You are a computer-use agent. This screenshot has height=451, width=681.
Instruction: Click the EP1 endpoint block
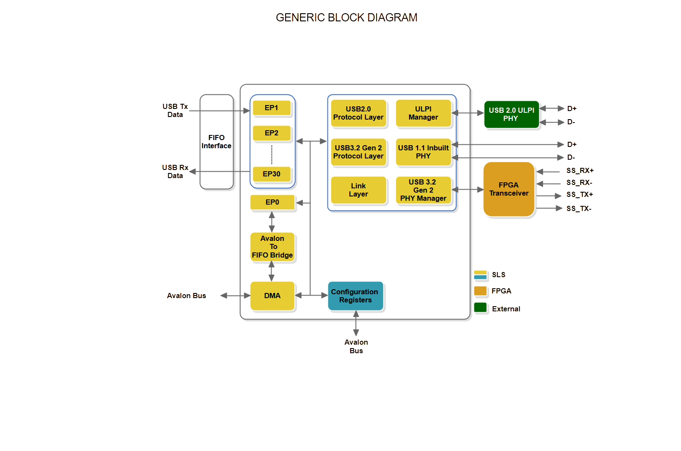272,108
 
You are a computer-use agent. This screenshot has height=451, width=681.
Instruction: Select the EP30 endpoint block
272,174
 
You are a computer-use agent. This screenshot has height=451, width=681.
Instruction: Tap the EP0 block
272,202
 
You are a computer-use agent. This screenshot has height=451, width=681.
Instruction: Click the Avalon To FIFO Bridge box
272,247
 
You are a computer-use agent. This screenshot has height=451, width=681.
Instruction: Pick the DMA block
272,296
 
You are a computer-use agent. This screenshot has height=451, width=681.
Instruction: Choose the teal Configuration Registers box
355,296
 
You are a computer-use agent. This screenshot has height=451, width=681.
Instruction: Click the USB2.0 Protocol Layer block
358,113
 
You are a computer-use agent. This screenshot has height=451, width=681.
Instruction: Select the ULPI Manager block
423,113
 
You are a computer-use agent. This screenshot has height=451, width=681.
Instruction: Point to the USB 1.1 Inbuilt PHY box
423,152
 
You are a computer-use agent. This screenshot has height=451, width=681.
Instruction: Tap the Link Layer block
358,190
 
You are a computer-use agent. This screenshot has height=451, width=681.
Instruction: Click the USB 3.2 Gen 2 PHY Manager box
423,190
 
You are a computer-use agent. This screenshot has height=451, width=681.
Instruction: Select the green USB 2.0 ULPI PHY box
511,114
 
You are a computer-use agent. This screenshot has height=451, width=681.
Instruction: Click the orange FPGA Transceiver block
509,189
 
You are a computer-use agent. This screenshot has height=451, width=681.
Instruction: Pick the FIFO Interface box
216,142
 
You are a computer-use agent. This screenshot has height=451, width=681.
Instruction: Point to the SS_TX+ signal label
579,195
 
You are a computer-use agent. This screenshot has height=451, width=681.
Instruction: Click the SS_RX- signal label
579,183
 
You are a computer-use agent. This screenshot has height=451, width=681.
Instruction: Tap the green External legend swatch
480,307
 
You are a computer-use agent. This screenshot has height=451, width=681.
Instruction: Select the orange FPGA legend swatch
480,291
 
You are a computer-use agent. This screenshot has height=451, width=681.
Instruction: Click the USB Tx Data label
175,111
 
